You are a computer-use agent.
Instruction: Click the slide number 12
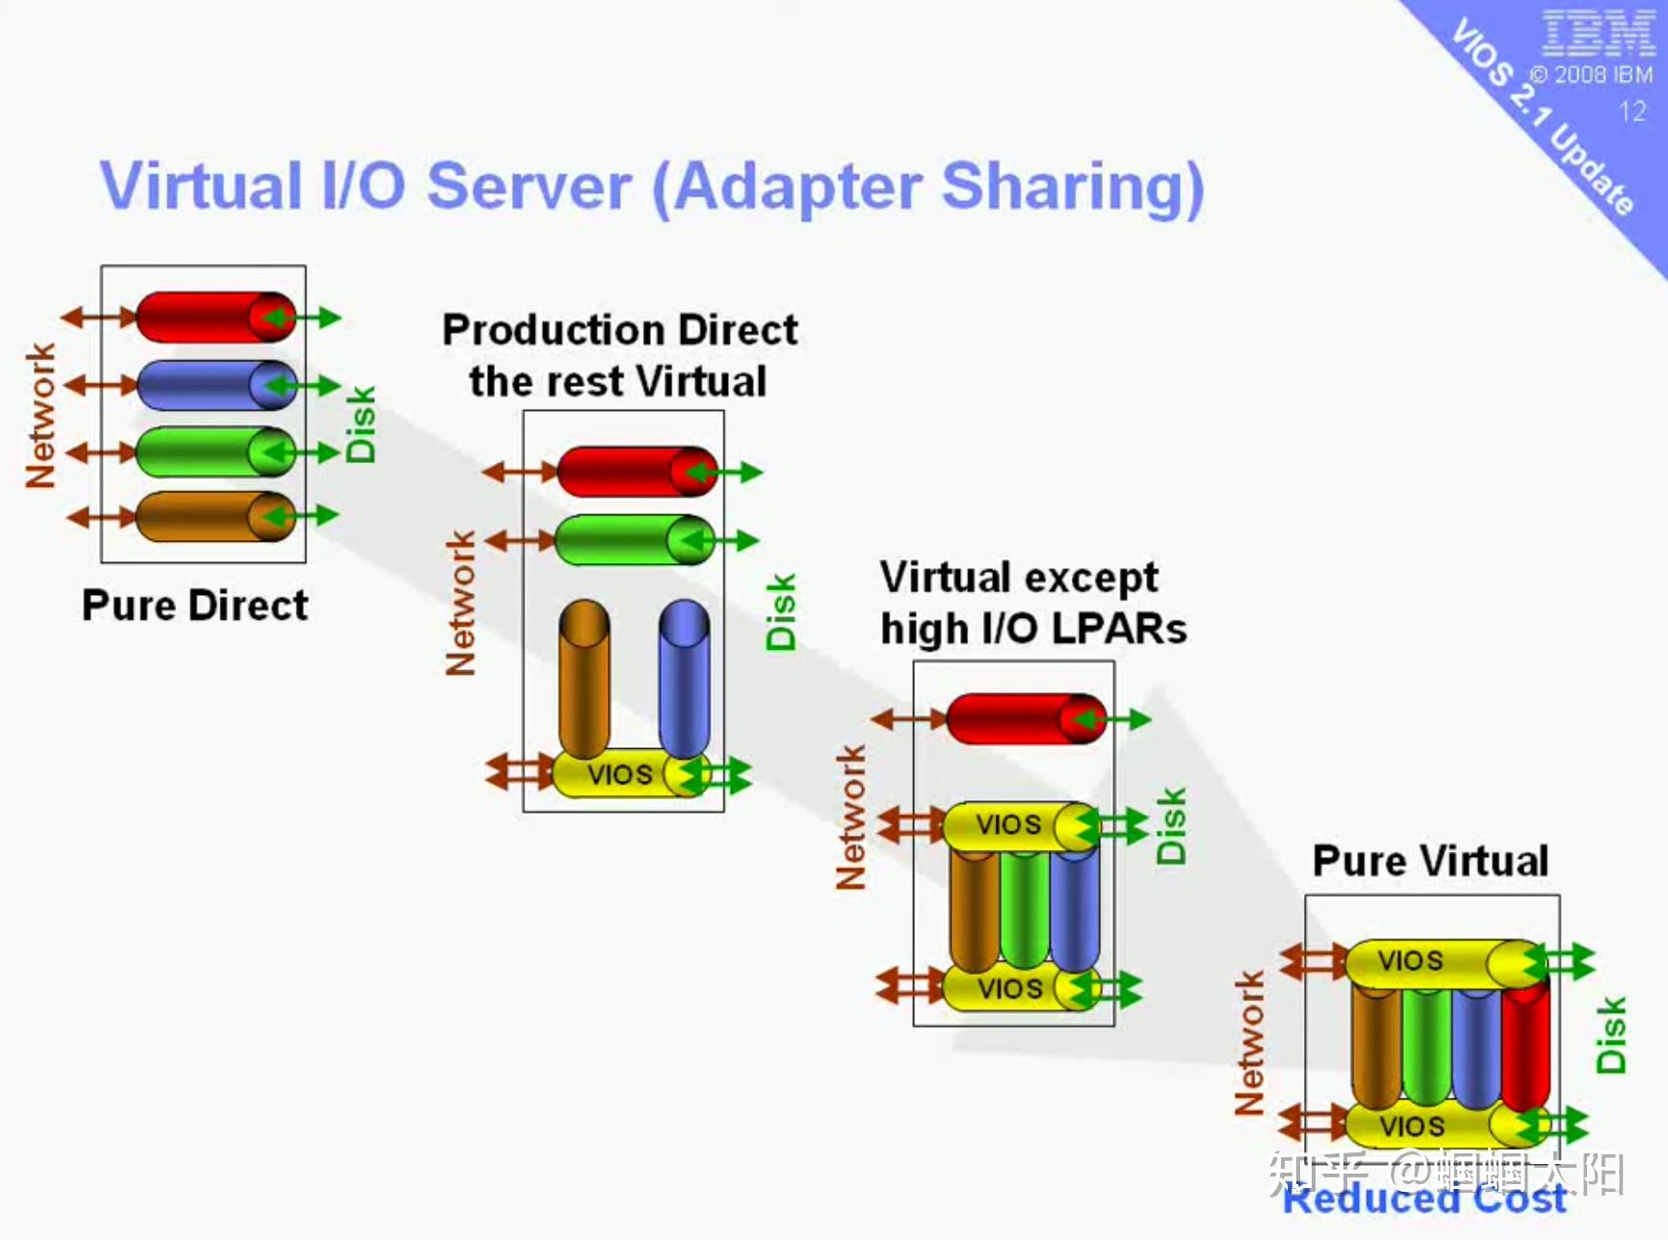1631,112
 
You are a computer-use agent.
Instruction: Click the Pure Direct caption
195,606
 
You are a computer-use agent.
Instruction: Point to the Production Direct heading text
619,330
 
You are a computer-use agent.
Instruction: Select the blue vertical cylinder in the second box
684,678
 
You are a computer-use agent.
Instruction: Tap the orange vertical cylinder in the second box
584,678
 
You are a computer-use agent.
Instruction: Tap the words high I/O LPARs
1033,630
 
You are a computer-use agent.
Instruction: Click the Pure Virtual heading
1430,860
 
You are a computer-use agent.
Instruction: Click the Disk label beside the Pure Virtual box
1610,1035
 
